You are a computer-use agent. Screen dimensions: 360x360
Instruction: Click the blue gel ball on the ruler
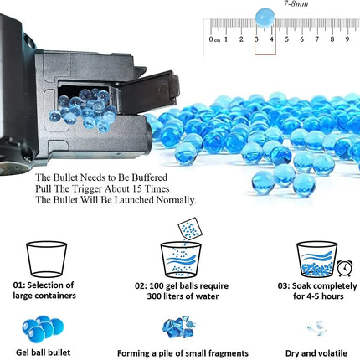coord(265,18)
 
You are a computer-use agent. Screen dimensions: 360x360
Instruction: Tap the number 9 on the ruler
coord(347,39)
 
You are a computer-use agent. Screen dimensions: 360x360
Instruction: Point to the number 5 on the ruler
coord(286,39)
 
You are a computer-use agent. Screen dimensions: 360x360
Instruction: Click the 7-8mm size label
coord(296,4)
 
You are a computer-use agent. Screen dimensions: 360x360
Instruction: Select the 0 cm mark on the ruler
coord(214,39)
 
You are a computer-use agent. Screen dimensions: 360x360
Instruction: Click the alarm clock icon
coord(344,268)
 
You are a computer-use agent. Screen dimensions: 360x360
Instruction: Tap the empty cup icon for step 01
coord(46,260)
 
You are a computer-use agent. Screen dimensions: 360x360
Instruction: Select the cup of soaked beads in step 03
coord(316,260)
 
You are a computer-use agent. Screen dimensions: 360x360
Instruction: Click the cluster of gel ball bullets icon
coord(43,329)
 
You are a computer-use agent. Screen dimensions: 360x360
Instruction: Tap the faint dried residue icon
coord(316,328)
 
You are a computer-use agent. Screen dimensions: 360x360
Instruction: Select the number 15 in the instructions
coord(137,189)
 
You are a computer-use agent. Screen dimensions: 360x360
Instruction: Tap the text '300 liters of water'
coord(183,296)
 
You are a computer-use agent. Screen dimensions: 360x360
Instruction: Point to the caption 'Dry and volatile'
coord(316,353)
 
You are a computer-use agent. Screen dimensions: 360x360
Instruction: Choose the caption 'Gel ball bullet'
coord(43,352)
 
